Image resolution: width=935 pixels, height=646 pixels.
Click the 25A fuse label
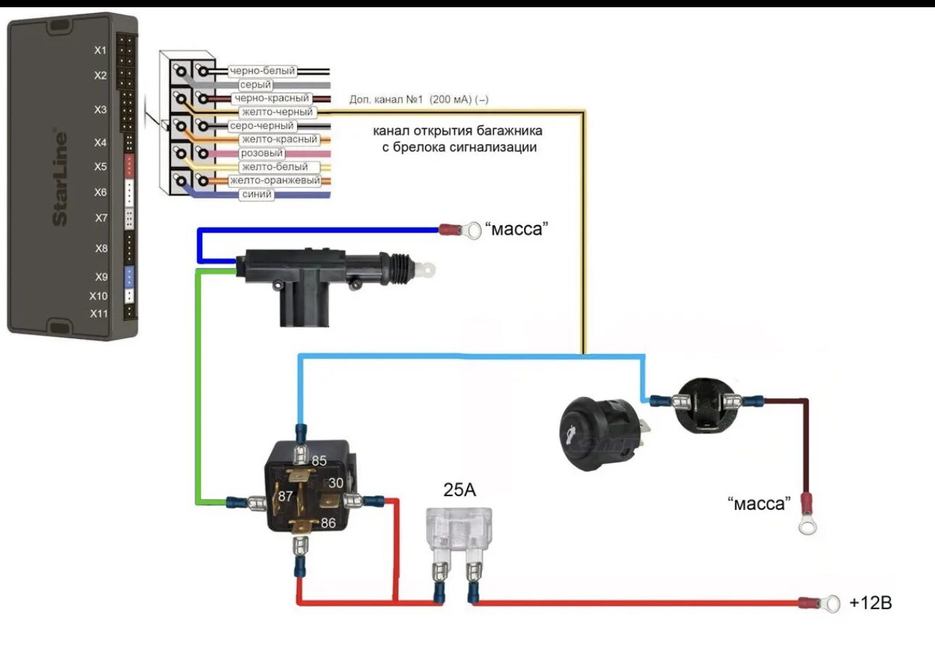[460, 490]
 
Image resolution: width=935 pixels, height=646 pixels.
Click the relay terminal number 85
[319, 460]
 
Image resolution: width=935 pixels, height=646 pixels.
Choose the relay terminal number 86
[328, 522]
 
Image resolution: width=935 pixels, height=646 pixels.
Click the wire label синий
[257, 195]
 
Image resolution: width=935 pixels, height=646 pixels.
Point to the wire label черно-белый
[262, 71]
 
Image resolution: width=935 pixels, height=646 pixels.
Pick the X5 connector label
[100, 167]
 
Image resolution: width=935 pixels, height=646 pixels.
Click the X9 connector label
[100, 276]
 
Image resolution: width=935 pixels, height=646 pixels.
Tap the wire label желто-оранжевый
[273, 180]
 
